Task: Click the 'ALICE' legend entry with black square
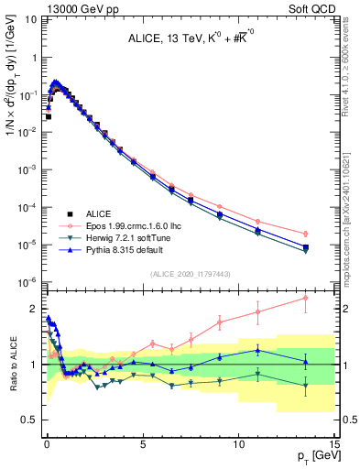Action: coord(100,210)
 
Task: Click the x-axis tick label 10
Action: coord(238,446)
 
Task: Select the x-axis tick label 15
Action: coord(333,446)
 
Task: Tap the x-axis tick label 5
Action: coord(142,446)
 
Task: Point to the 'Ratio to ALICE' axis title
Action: coord(16,364)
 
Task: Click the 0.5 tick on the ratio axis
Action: coord(32,420)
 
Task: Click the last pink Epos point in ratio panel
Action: coord(305,298)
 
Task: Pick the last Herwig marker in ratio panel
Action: coord(305,385)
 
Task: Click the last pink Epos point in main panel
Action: coord(305,233)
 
